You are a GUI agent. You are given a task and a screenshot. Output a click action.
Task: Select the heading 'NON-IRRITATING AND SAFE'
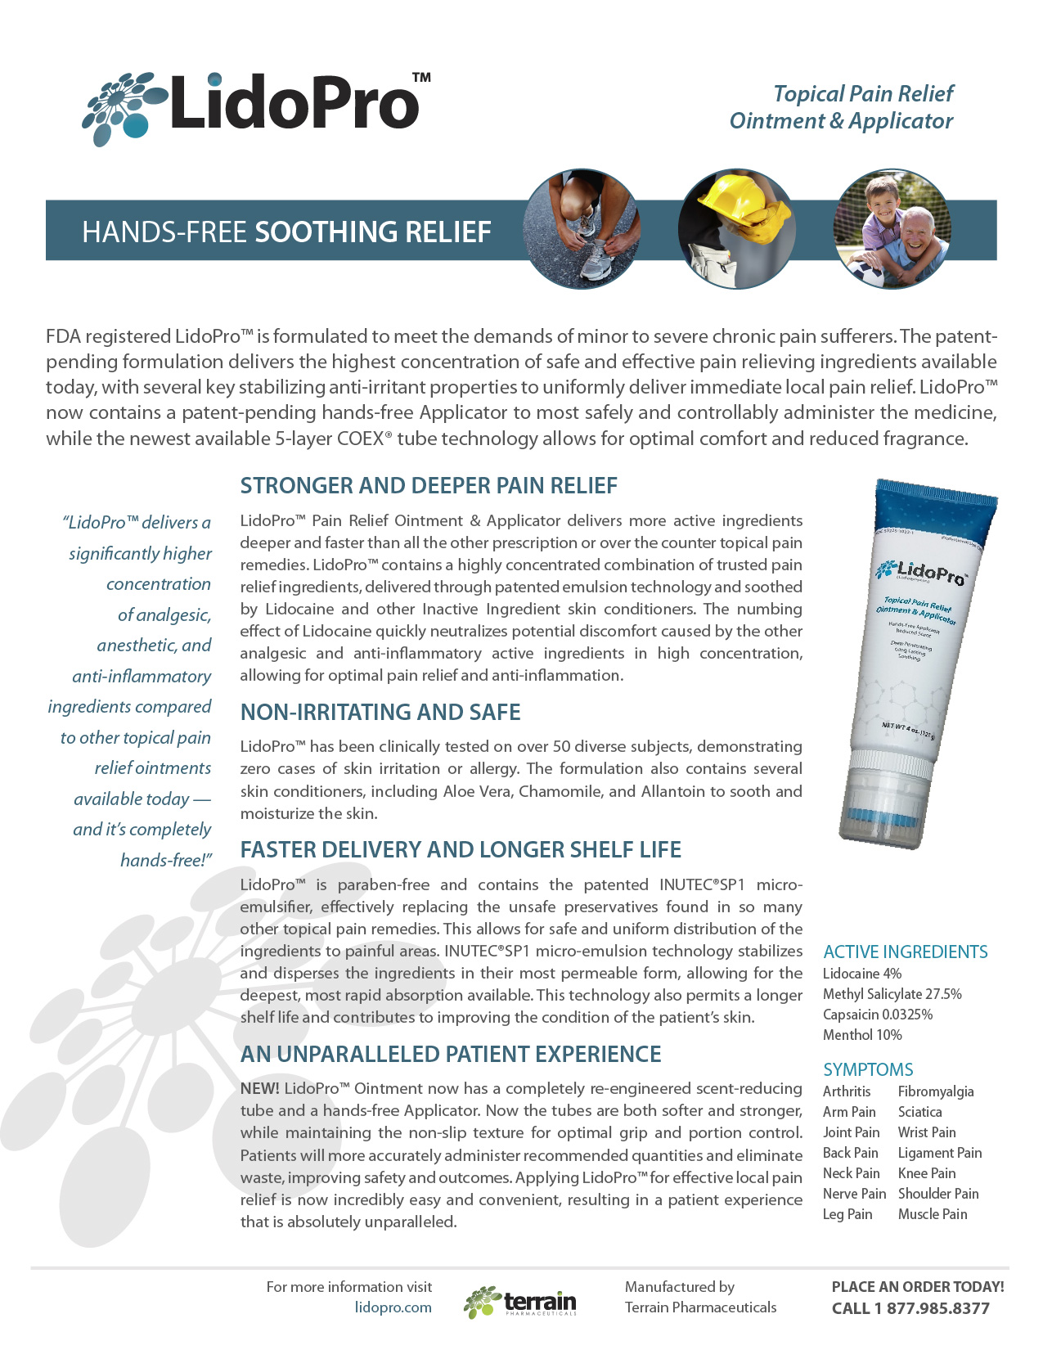380,713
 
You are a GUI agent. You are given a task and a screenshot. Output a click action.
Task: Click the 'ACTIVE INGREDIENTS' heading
905,952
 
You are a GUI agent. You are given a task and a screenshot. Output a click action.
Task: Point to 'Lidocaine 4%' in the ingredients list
861,974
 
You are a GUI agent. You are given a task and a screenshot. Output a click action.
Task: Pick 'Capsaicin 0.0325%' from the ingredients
877,1015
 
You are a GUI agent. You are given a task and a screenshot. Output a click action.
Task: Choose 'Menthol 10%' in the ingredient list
861,1035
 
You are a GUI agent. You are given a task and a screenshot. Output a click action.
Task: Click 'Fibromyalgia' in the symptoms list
935,1091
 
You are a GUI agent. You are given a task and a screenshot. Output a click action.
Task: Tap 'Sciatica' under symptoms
919,1112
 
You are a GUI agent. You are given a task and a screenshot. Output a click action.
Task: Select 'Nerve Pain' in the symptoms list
854,1194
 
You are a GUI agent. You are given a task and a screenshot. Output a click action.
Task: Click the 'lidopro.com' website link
393,1307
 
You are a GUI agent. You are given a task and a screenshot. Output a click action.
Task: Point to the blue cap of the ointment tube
937,506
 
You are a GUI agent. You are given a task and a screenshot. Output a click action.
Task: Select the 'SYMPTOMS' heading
867,1069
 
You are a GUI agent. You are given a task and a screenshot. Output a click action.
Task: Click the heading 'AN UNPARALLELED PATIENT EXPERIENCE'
451,1055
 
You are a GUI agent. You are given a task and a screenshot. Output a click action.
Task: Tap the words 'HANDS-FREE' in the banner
164,232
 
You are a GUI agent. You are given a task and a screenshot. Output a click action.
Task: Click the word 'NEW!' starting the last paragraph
259,1089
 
